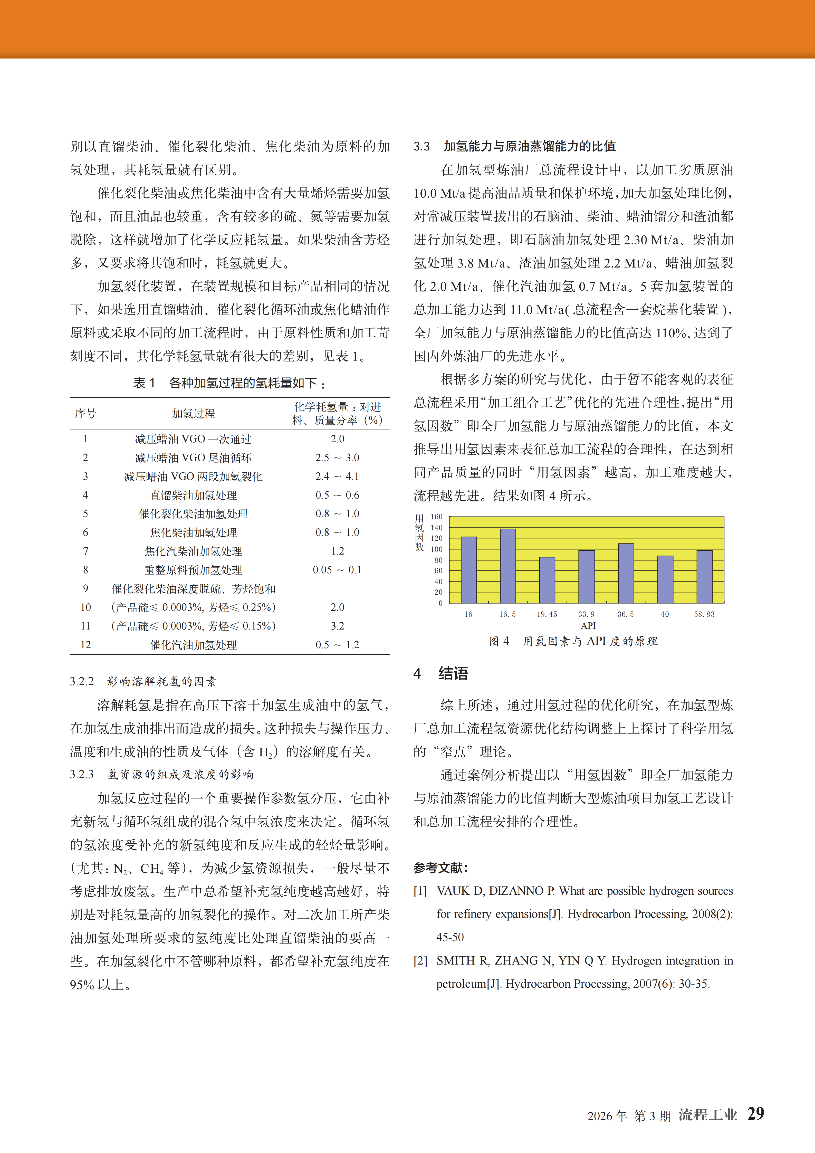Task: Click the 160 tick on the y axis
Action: (x=436, y=517)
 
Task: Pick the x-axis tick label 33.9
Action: (x=586, y=614)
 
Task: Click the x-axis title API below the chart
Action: (x=588, y=626)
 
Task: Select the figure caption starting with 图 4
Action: (x=573, y=641)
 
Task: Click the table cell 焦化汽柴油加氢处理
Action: (x=193, y=551)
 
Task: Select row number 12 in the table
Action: (x=86, y=645)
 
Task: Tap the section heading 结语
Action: (x=453, y=673)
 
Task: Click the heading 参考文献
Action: (x=440, y=868)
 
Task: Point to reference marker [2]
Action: (x=420, y=961)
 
